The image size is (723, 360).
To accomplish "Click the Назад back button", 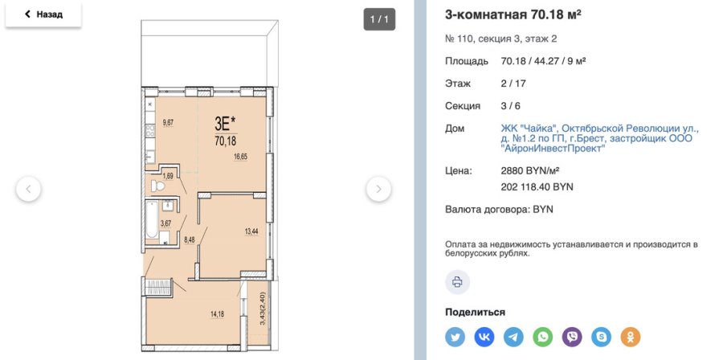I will click(43, 14).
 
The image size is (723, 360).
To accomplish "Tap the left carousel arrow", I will click(28, 190).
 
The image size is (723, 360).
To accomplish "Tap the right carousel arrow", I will click(378, 190).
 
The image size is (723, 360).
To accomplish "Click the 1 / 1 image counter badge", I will click(379, 18).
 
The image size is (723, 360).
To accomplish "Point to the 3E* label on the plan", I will click(225, 123).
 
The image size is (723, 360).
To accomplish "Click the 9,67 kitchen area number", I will click(168, 122).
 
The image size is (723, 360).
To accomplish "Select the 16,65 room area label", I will click(239, 157).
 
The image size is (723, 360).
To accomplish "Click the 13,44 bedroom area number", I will click(251, 231).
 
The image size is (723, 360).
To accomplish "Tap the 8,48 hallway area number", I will click(190, 239).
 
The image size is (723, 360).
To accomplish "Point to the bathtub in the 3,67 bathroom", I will click(152, 221).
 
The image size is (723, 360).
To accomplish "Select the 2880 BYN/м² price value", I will click(529, 171).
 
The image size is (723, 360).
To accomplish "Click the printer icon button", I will click(457, 281).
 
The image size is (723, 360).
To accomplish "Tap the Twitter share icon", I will click(455, 337).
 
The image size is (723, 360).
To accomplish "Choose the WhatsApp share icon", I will click(543, 337).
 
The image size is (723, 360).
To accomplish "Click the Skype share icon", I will click(601, 337).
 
